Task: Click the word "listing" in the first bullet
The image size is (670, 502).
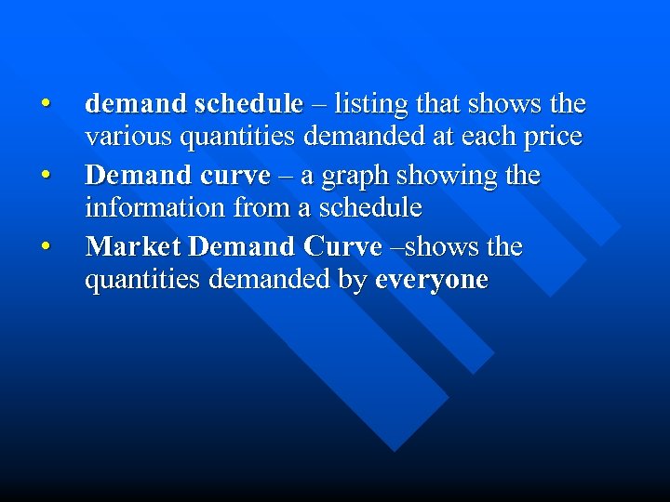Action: [x=367, y=102]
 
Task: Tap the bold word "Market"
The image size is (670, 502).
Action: [x=133, y=247]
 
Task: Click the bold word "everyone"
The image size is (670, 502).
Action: [x=431, y=280]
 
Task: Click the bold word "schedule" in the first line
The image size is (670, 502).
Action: [x=249, y=102]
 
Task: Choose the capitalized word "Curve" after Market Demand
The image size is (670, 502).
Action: [x=342, y=247]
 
